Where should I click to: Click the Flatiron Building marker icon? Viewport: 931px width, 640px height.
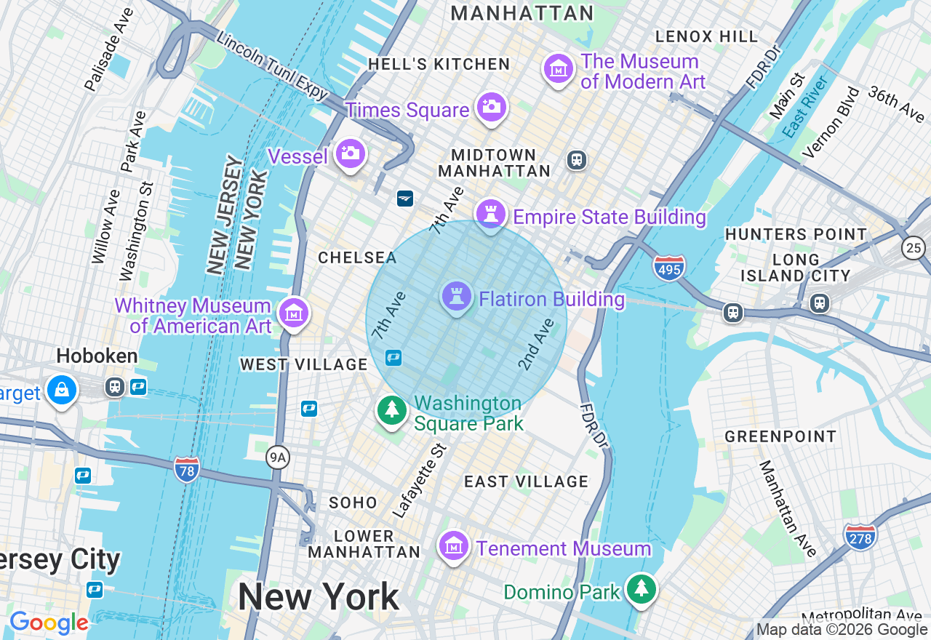[456, 297]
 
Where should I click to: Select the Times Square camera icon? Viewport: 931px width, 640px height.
[492, 108]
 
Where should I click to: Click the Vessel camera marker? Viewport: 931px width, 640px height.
[350, 153]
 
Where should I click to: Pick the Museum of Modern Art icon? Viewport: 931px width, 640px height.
[559, 70]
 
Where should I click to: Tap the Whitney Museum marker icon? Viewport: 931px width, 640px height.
[294, 314]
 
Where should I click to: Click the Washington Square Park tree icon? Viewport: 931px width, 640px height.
[392, 411]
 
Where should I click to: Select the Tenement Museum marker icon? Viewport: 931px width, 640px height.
[454, 545]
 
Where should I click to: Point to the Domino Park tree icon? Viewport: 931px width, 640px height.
[641, 589]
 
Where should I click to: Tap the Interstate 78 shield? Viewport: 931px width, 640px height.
[187, 470]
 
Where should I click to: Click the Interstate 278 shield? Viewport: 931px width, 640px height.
[860, 537]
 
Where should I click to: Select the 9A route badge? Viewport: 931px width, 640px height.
[277, 457]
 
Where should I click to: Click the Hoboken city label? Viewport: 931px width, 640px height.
[97, 356]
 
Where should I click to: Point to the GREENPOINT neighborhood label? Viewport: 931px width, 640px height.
[780, 436]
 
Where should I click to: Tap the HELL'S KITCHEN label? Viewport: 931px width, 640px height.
[439, 64]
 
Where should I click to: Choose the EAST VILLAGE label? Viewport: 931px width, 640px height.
[526, 481]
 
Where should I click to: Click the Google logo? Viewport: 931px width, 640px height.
[49, 623]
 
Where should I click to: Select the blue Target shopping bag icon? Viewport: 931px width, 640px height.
[63, 391]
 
